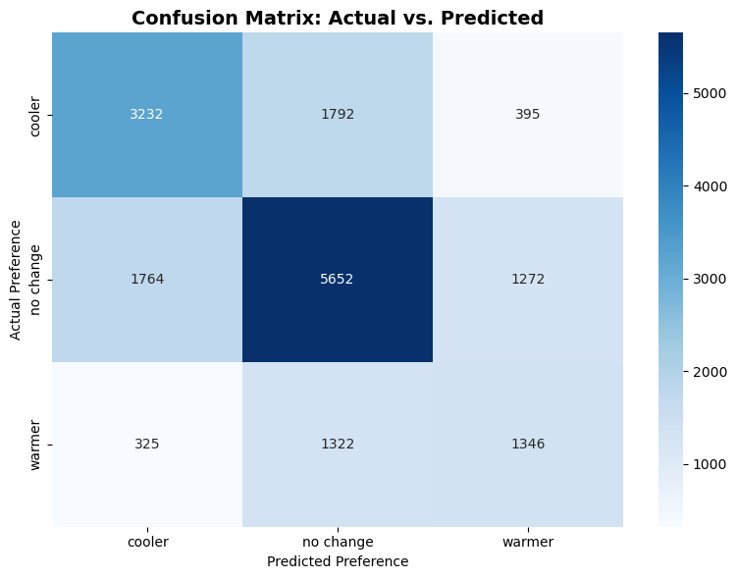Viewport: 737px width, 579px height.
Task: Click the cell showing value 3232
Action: click(x=146, y=114)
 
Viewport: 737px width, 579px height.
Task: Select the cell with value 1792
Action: click(x=337, y=114)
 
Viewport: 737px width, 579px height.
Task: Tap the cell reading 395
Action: click(x=527, y=114)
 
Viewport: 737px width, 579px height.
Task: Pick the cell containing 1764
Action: click(x=146, y=280)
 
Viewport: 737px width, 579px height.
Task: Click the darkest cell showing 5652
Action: click(x=337, y=280)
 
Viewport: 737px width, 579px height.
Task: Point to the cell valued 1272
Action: click(x=527, y=280)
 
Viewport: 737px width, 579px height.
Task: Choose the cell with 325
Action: click(x=146, y=445)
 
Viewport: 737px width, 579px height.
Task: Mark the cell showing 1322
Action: click(x=337, y=445)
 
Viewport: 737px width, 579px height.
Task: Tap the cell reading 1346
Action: click(x=527, y=445)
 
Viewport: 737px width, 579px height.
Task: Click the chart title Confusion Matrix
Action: click(x=337, y=18)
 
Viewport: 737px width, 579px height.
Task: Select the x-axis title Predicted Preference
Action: click(x=337, y=562)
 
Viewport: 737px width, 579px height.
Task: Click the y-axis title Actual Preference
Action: click(x=15, y=280)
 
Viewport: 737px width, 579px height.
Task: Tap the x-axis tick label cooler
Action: click(x=146, y=542)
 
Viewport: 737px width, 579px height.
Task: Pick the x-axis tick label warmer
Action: click(x=527, y=542)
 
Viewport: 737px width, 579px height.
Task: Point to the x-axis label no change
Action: click(x=337, y=542)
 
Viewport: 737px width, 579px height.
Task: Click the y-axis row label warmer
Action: click(x=36, y=445)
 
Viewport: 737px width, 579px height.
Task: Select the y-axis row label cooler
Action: click(x=36, y=115)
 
